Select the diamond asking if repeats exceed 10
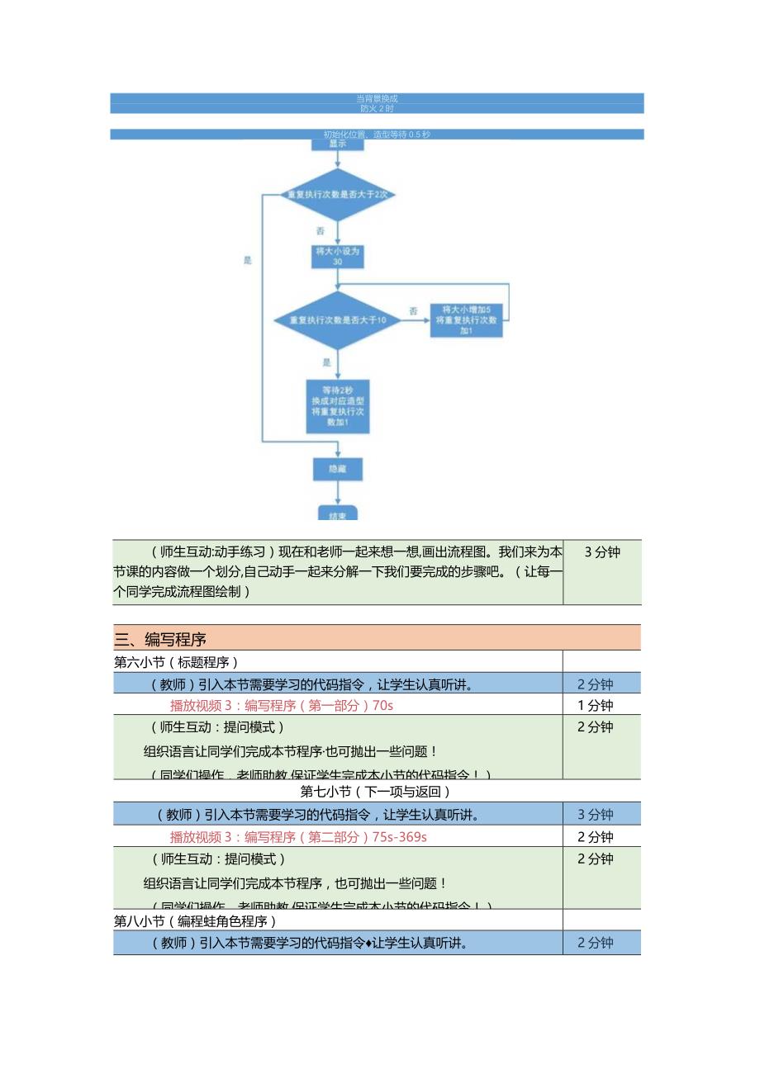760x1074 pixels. pos(336,319)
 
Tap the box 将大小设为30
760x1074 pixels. pos(337,256)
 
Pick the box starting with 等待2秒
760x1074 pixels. pos(337,406)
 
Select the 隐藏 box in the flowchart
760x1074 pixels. pos(337,469)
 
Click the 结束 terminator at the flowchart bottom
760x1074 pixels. pos(337,513)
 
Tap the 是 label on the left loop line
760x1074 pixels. pos(247,260)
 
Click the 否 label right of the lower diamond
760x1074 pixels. pos(413,311)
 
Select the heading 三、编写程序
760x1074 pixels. pos(160,638)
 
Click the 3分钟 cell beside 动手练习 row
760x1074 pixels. pos(601,552)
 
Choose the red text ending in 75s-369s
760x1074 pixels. pos(298,836)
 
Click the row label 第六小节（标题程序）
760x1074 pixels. pos(176,661)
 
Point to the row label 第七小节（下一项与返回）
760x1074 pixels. pos(376,792)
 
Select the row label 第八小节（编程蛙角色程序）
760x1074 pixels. pos(195,920)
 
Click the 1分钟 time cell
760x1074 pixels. pos(595,705)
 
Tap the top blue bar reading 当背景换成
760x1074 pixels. pos(378,98)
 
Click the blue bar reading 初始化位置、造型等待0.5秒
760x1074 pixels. pos(378,134)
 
